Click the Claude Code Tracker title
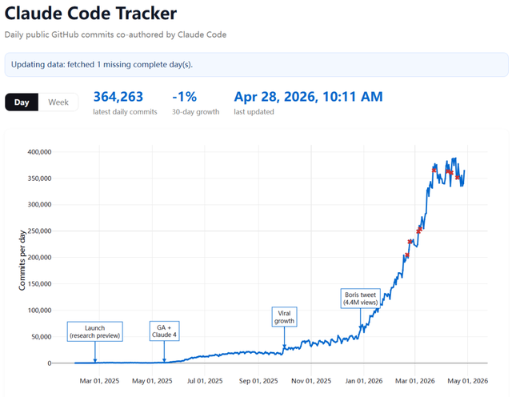(x=90, y=14)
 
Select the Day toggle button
(x=22, y=102)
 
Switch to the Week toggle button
(x=58, y=102)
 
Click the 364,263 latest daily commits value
(x=118, y=97)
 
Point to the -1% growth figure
(x=185, y=97)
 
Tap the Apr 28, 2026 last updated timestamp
(x=308, y=97)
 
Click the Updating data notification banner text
(x=102, y=64)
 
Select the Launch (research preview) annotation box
(x=95, y=331)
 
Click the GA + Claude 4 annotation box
(x=164, y=331)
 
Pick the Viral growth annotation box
(x=285, y=317)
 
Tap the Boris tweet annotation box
(x=361, y=299)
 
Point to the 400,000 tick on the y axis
(x=39, y=152)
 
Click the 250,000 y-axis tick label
(x=39, y=231)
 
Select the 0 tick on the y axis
(x=50, y=363)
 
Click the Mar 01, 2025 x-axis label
(x=99, y=381)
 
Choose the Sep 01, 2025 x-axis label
(x=258, y=381)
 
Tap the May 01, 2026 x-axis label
(x=467, y=381)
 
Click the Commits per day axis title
(x=22, y=260)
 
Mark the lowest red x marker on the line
(x=407, y=255)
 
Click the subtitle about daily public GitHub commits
(x=115, y=34)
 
